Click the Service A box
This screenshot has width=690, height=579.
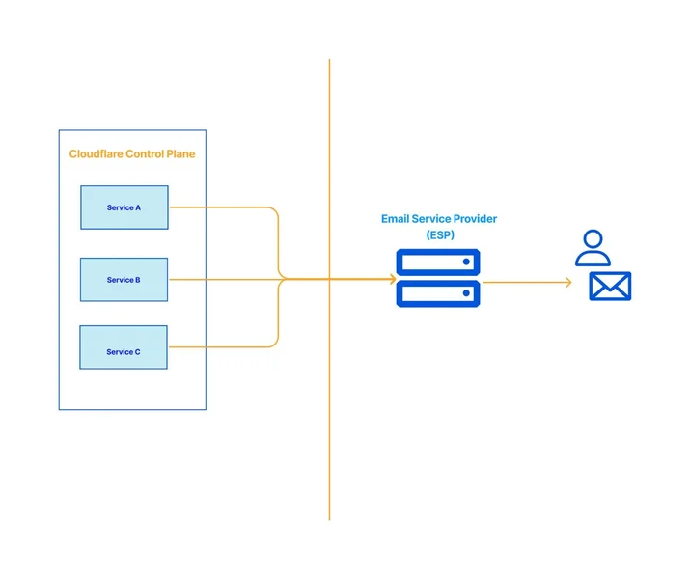[124, 207]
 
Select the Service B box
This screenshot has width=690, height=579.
[124, 280]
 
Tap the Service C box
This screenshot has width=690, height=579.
[124, 347]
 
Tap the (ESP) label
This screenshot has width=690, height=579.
[440, 234]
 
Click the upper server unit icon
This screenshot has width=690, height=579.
[438, 262]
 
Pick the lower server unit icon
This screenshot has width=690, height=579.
[438, 293]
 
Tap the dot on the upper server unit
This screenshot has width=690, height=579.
[466, 262]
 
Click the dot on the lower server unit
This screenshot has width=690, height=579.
[466, 293]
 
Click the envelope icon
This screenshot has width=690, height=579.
[610, 286]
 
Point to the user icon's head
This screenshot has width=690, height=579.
[593, 239]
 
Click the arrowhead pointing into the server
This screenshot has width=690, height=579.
[393, 279]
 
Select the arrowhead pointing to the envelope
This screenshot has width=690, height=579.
[568, 282]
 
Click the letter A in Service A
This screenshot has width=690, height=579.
[138, 207]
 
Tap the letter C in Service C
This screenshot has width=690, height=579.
[137, 352]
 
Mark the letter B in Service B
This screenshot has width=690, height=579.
[137, 280]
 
